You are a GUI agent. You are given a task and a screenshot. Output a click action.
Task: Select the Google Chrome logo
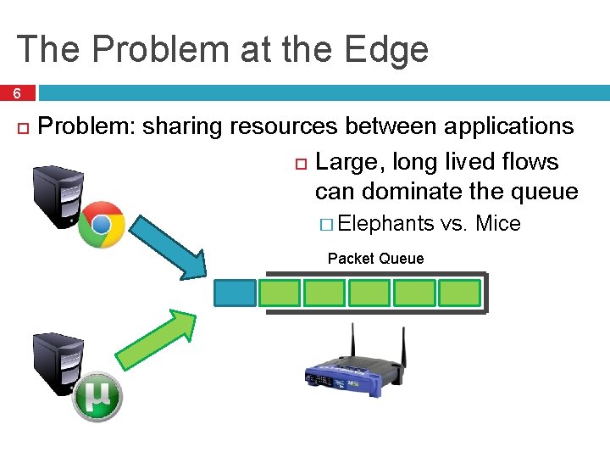click(x=102, y=224)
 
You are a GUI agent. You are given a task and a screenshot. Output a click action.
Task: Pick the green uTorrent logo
click(x=97, y=397)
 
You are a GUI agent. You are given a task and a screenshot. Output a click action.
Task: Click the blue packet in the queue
click(x=235, y=293)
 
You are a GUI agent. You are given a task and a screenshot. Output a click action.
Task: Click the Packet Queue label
click(x=375, y=259)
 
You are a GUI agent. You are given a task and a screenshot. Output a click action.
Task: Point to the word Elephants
click(x=385, y=224)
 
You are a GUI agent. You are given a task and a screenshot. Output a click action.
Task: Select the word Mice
click(x=498, y=224)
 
